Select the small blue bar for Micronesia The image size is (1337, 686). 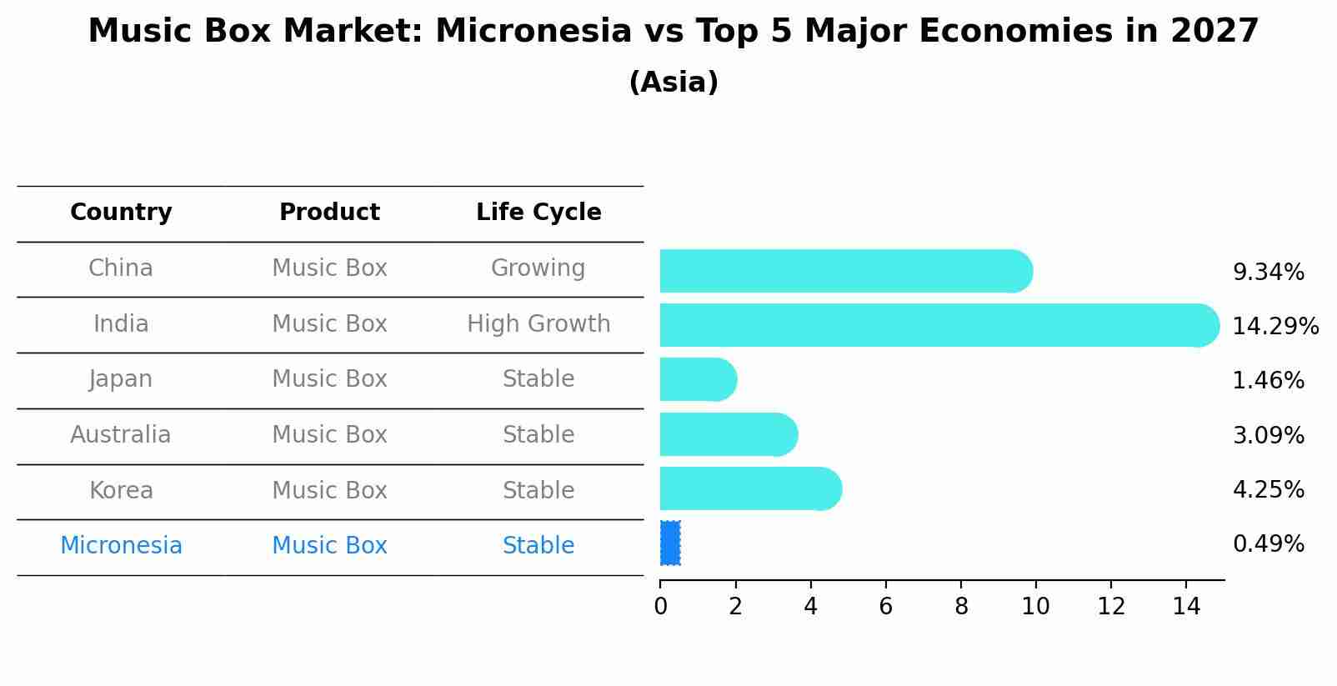point(670,543)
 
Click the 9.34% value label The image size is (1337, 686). point(1268,273)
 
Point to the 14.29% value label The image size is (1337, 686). point(1274,326)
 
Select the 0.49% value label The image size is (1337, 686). point(1268,544)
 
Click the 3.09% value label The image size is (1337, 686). point(1268,435)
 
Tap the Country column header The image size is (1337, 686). point(121,213)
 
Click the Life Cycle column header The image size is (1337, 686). point(538,213)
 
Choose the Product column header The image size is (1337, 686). point(329,213)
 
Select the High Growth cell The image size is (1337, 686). point(538,324)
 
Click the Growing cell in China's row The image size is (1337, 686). point(538,268)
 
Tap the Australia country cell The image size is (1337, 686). point(121,435)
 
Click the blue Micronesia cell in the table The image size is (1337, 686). point(121,546)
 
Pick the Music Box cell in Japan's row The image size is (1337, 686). point(329,379)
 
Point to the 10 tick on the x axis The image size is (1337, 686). point(1035,607)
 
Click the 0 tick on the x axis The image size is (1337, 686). point(660,607)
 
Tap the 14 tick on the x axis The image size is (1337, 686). point(1186,607)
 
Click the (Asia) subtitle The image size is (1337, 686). point(674,83)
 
